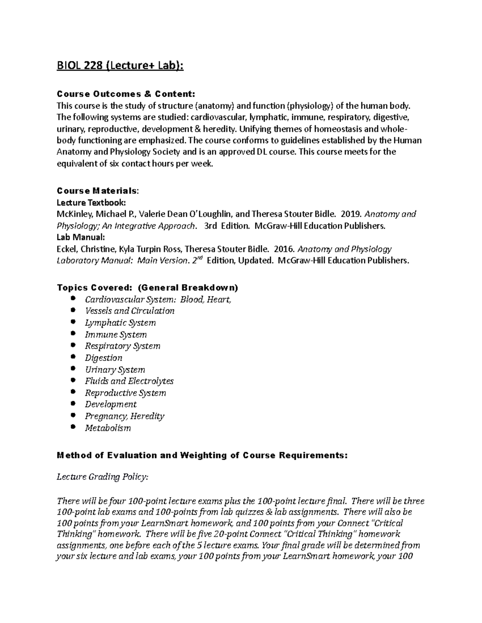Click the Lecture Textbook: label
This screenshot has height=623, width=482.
92,202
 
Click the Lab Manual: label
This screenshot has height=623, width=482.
81,237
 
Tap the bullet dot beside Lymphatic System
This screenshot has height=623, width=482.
72,322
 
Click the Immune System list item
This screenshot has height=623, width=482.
116,334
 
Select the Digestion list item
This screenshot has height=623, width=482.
103,357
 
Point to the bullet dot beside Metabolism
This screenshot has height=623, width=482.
72,427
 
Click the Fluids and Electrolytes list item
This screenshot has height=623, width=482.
129,381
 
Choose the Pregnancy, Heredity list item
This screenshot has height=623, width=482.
125,416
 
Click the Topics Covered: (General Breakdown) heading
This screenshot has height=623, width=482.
148,288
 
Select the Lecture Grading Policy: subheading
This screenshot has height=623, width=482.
102,477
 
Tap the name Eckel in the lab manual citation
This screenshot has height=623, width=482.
66,249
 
